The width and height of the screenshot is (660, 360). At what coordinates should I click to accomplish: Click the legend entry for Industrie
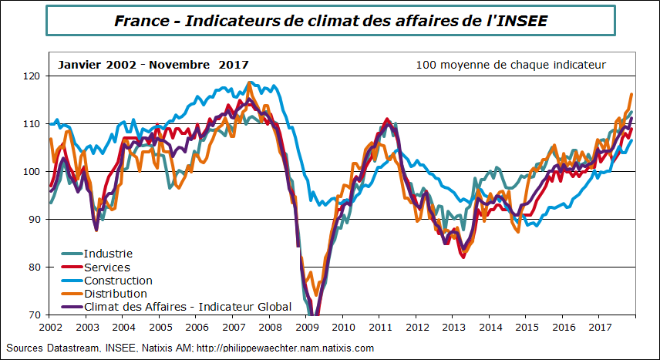tap(108, 254)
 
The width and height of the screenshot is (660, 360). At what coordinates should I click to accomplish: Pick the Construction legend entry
tap(118, 281)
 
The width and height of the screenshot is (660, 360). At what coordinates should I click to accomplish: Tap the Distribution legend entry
tap(115, 294)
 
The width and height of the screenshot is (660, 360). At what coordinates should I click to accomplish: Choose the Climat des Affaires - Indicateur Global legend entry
tap(187, 307)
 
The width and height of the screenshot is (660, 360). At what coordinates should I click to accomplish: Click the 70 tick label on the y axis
tap(33, 315)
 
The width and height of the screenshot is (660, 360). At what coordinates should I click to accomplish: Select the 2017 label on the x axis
tap(598, 328)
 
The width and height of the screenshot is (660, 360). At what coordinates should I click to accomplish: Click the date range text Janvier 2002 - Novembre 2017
tap(153, 65)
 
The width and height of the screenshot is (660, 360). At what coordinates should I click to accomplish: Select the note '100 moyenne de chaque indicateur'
tap(510, 65)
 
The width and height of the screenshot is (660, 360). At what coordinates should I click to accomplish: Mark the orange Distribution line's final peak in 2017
tap(631, 94)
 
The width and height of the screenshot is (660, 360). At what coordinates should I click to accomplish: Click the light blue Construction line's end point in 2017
tap(632, 140)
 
